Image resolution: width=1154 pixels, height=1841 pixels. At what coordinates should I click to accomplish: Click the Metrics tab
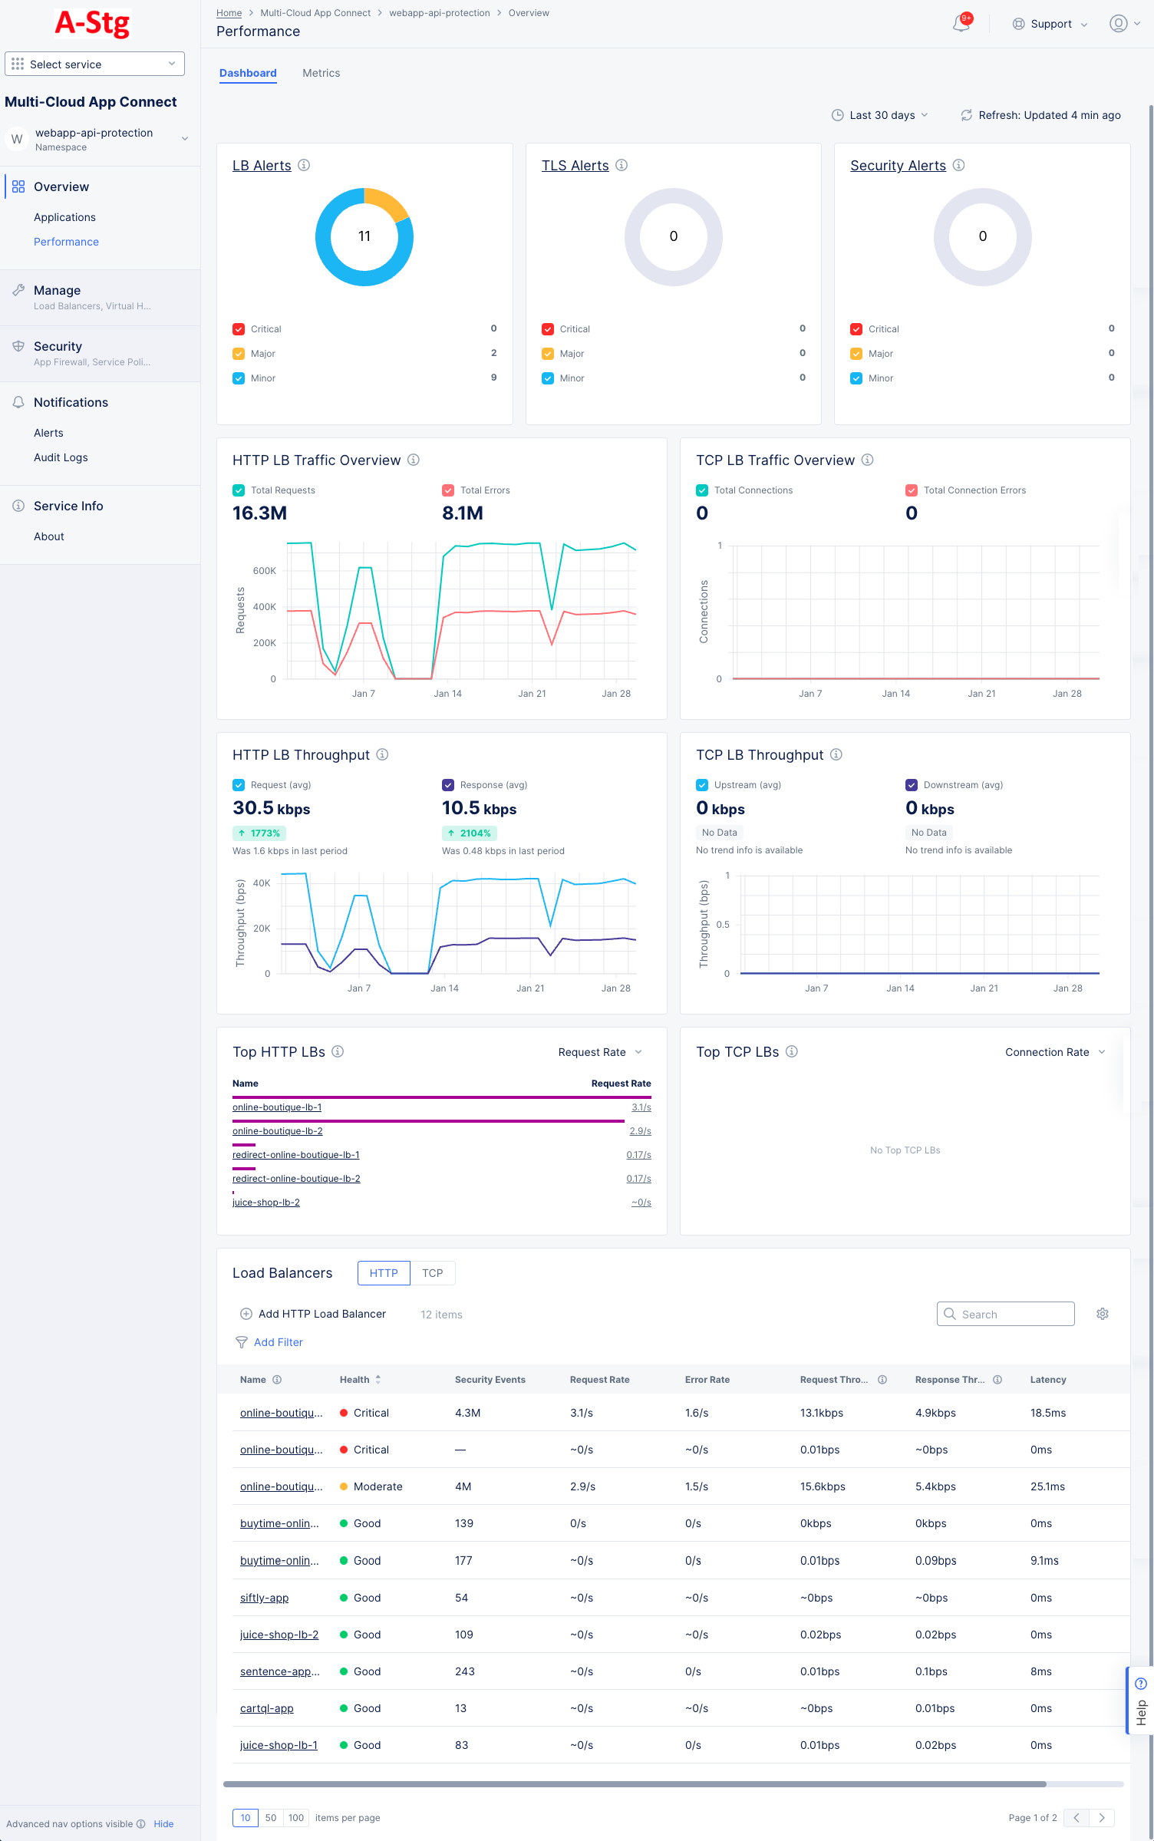[321, 73]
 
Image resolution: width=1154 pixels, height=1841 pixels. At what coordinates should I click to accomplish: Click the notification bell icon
[961, 24]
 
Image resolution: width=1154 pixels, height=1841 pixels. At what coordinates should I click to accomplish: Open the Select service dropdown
[94, 64]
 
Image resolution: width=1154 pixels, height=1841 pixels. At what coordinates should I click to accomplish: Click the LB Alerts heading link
[262, 166]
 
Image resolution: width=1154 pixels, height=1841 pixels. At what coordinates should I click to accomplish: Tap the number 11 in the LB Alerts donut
[364, 236]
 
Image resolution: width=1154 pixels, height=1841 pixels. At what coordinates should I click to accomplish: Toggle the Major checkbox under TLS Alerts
[548, 354]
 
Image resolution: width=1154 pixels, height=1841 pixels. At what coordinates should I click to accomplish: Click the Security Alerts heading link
[898, 166]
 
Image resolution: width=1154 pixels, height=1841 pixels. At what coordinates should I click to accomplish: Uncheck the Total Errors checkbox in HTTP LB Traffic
[448, 490]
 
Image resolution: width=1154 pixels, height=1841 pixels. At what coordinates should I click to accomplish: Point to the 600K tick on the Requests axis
[264, 571]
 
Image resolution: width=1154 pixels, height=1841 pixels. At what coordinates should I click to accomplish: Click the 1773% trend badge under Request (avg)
[259, 833]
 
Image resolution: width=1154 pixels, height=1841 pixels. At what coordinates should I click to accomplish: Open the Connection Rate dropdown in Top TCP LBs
[1054, 1052]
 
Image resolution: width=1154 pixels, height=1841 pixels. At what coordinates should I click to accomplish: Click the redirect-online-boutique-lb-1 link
[295, 1155]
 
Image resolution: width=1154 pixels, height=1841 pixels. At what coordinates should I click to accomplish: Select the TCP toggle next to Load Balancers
[432, 1273]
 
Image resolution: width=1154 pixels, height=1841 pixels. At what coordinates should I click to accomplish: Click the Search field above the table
[1005, 1314]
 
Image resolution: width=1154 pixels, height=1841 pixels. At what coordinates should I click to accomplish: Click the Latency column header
[1048, 1380]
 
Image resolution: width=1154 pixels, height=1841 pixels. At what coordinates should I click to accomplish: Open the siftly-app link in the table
[264, 1598]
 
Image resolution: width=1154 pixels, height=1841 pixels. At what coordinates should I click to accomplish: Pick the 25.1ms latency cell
[1047, 1486]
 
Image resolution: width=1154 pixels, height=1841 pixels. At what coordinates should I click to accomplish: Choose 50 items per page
[271, 1818]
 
